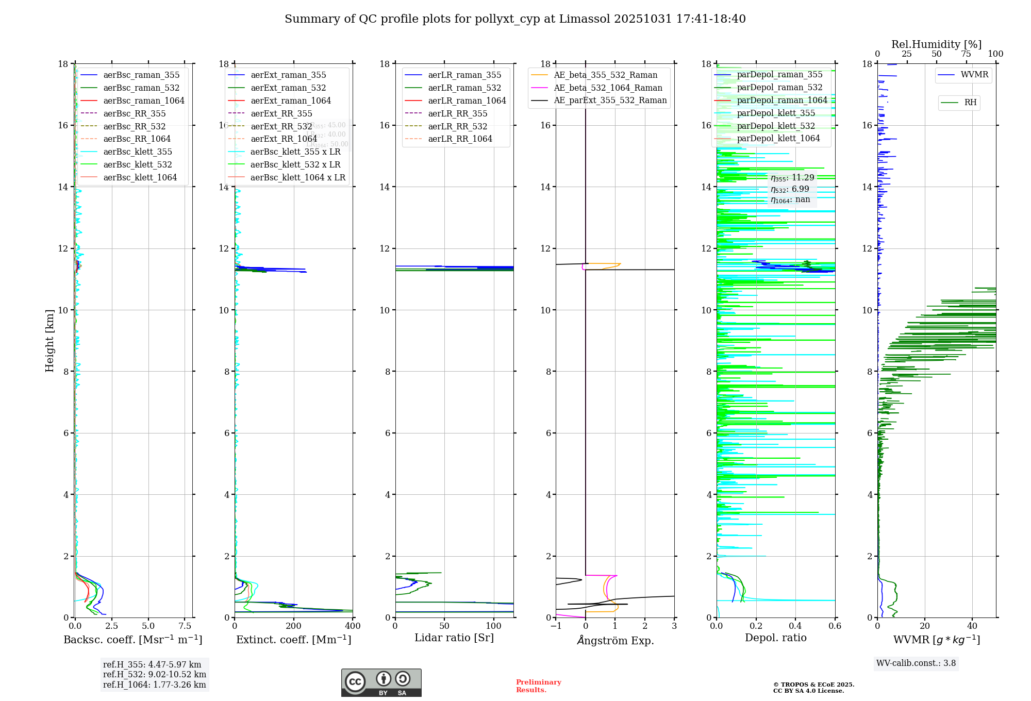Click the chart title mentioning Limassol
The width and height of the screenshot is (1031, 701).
tap(515, 19)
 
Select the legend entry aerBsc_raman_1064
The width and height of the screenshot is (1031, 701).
tap(143, 101)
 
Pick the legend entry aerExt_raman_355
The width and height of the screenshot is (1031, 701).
tap(288, 75)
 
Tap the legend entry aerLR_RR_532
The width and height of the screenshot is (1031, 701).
tap(457, 126)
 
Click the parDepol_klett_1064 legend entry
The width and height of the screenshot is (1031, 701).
tap(778, 139)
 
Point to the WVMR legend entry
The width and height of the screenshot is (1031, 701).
tap(974, 75)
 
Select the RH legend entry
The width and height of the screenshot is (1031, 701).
tap(970, 103)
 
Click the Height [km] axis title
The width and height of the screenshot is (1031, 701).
tap(49, 341)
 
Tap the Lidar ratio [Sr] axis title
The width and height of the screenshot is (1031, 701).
tap(454, 638)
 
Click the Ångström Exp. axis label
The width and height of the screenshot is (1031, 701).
tap(615, 640)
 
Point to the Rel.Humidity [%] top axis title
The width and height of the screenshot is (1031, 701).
tap(936, 44)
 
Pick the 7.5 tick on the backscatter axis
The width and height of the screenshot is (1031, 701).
tap(185, 626)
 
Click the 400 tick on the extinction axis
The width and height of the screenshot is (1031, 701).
tap(353, 626)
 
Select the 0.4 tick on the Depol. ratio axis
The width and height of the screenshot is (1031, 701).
tap(795, 626)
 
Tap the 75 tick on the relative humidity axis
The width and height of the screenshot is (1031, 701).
tap(966, 54)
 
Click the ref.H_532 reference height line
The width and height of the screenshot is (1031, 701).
tap(154, 675)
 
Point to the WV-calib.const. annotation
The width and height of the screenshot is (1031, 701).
tap(916, 663)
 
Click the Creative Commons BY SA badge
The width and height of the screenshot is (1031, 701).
tap(381, 683)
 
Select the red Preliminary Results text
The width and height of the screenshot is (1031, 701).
tap(538, 686)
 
